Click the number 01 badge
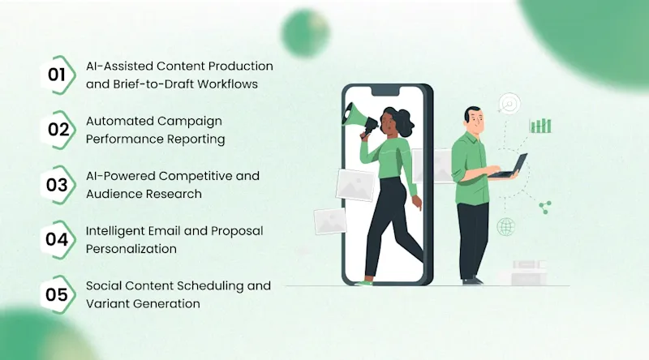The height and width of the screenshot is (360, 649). click(57, 75)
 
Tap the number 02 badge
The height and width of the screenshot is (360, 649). click(57, 130)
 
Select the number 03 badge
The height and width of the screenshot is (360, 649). click(57, 185)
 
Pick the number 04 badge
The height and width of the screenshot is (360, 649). click(57, 239)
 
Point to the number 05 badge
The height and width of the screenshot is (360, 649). click(57, 294)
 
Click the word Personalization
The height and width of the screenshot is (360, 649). click(131, 248)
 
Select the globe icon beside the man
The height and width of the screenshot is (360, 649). click(507, 227)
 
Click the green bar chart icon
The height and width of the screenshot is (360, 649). click(540, 125)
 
